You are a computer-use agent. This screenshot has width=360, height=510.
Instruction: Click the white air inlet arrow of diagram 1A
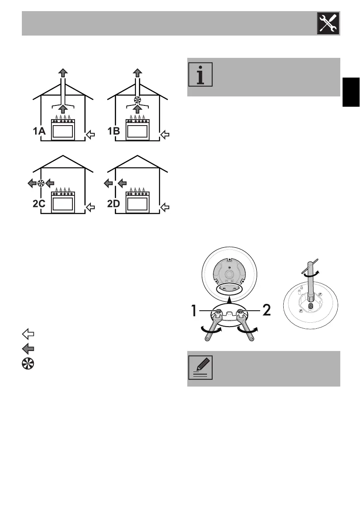[90, 136]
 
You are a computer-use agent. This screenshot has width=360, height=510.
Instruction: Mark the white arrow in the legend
[26, 334]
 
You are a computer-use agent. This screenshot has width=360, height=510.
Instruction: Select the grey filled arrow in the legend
[26, 348]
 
